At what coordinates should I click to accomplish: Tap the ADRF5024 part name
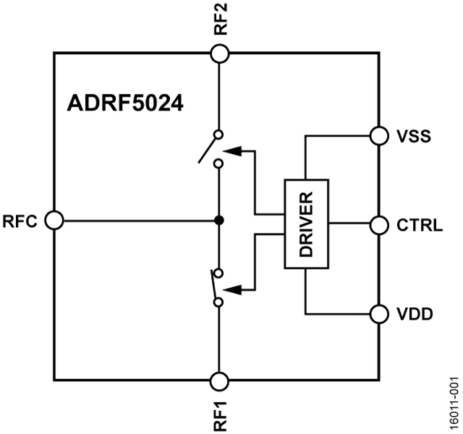pos(125,103)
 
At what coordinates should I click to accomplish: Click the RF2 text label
pos(221,19)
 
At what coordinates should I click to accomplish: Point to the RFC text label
pos(20,221)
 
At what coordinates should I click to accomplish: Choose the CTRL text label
pos(420,225)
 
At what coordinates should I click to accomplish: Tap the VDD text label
pos(415,314)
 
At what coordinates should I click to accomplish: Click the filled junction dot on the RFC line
pos(219,220)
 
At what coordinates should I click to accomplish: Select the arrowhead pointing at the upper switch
pos(232,151)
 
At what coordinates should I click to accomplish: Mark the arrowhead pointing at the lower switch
pos(232,290)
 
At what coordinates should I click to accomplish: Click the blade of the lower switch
pos(213,284)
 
